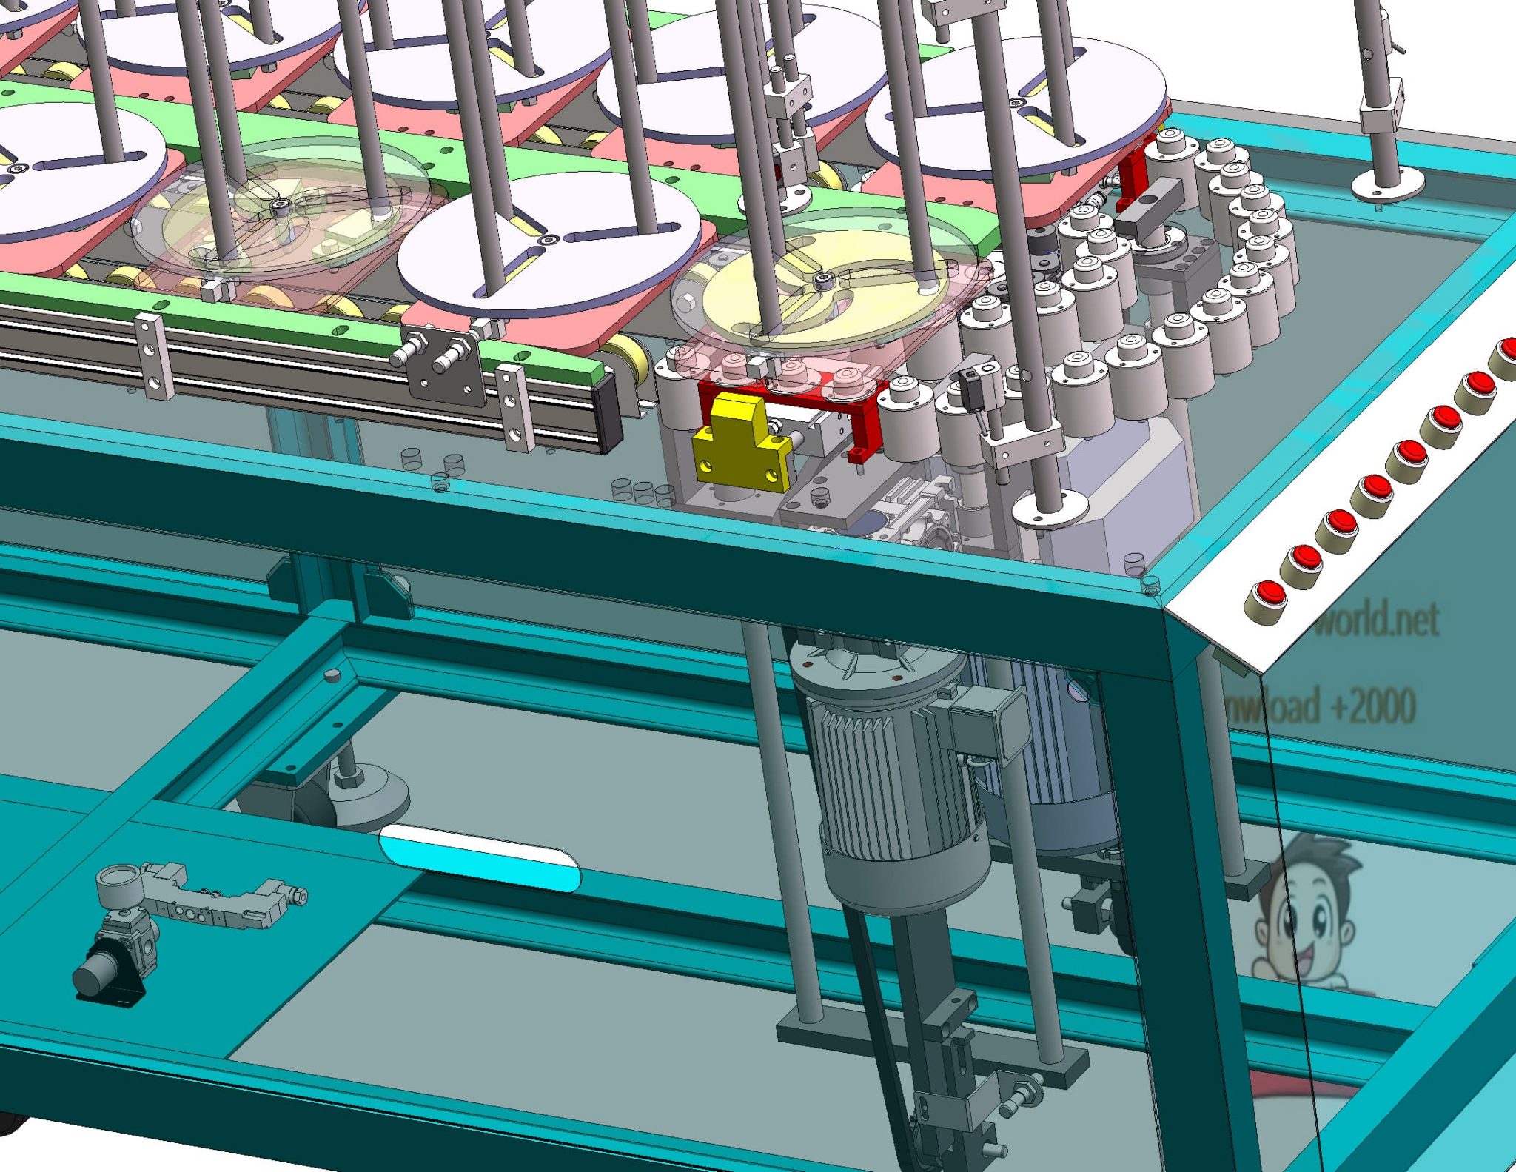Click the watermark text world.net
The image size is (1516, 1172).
[x=1378, y=618]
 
